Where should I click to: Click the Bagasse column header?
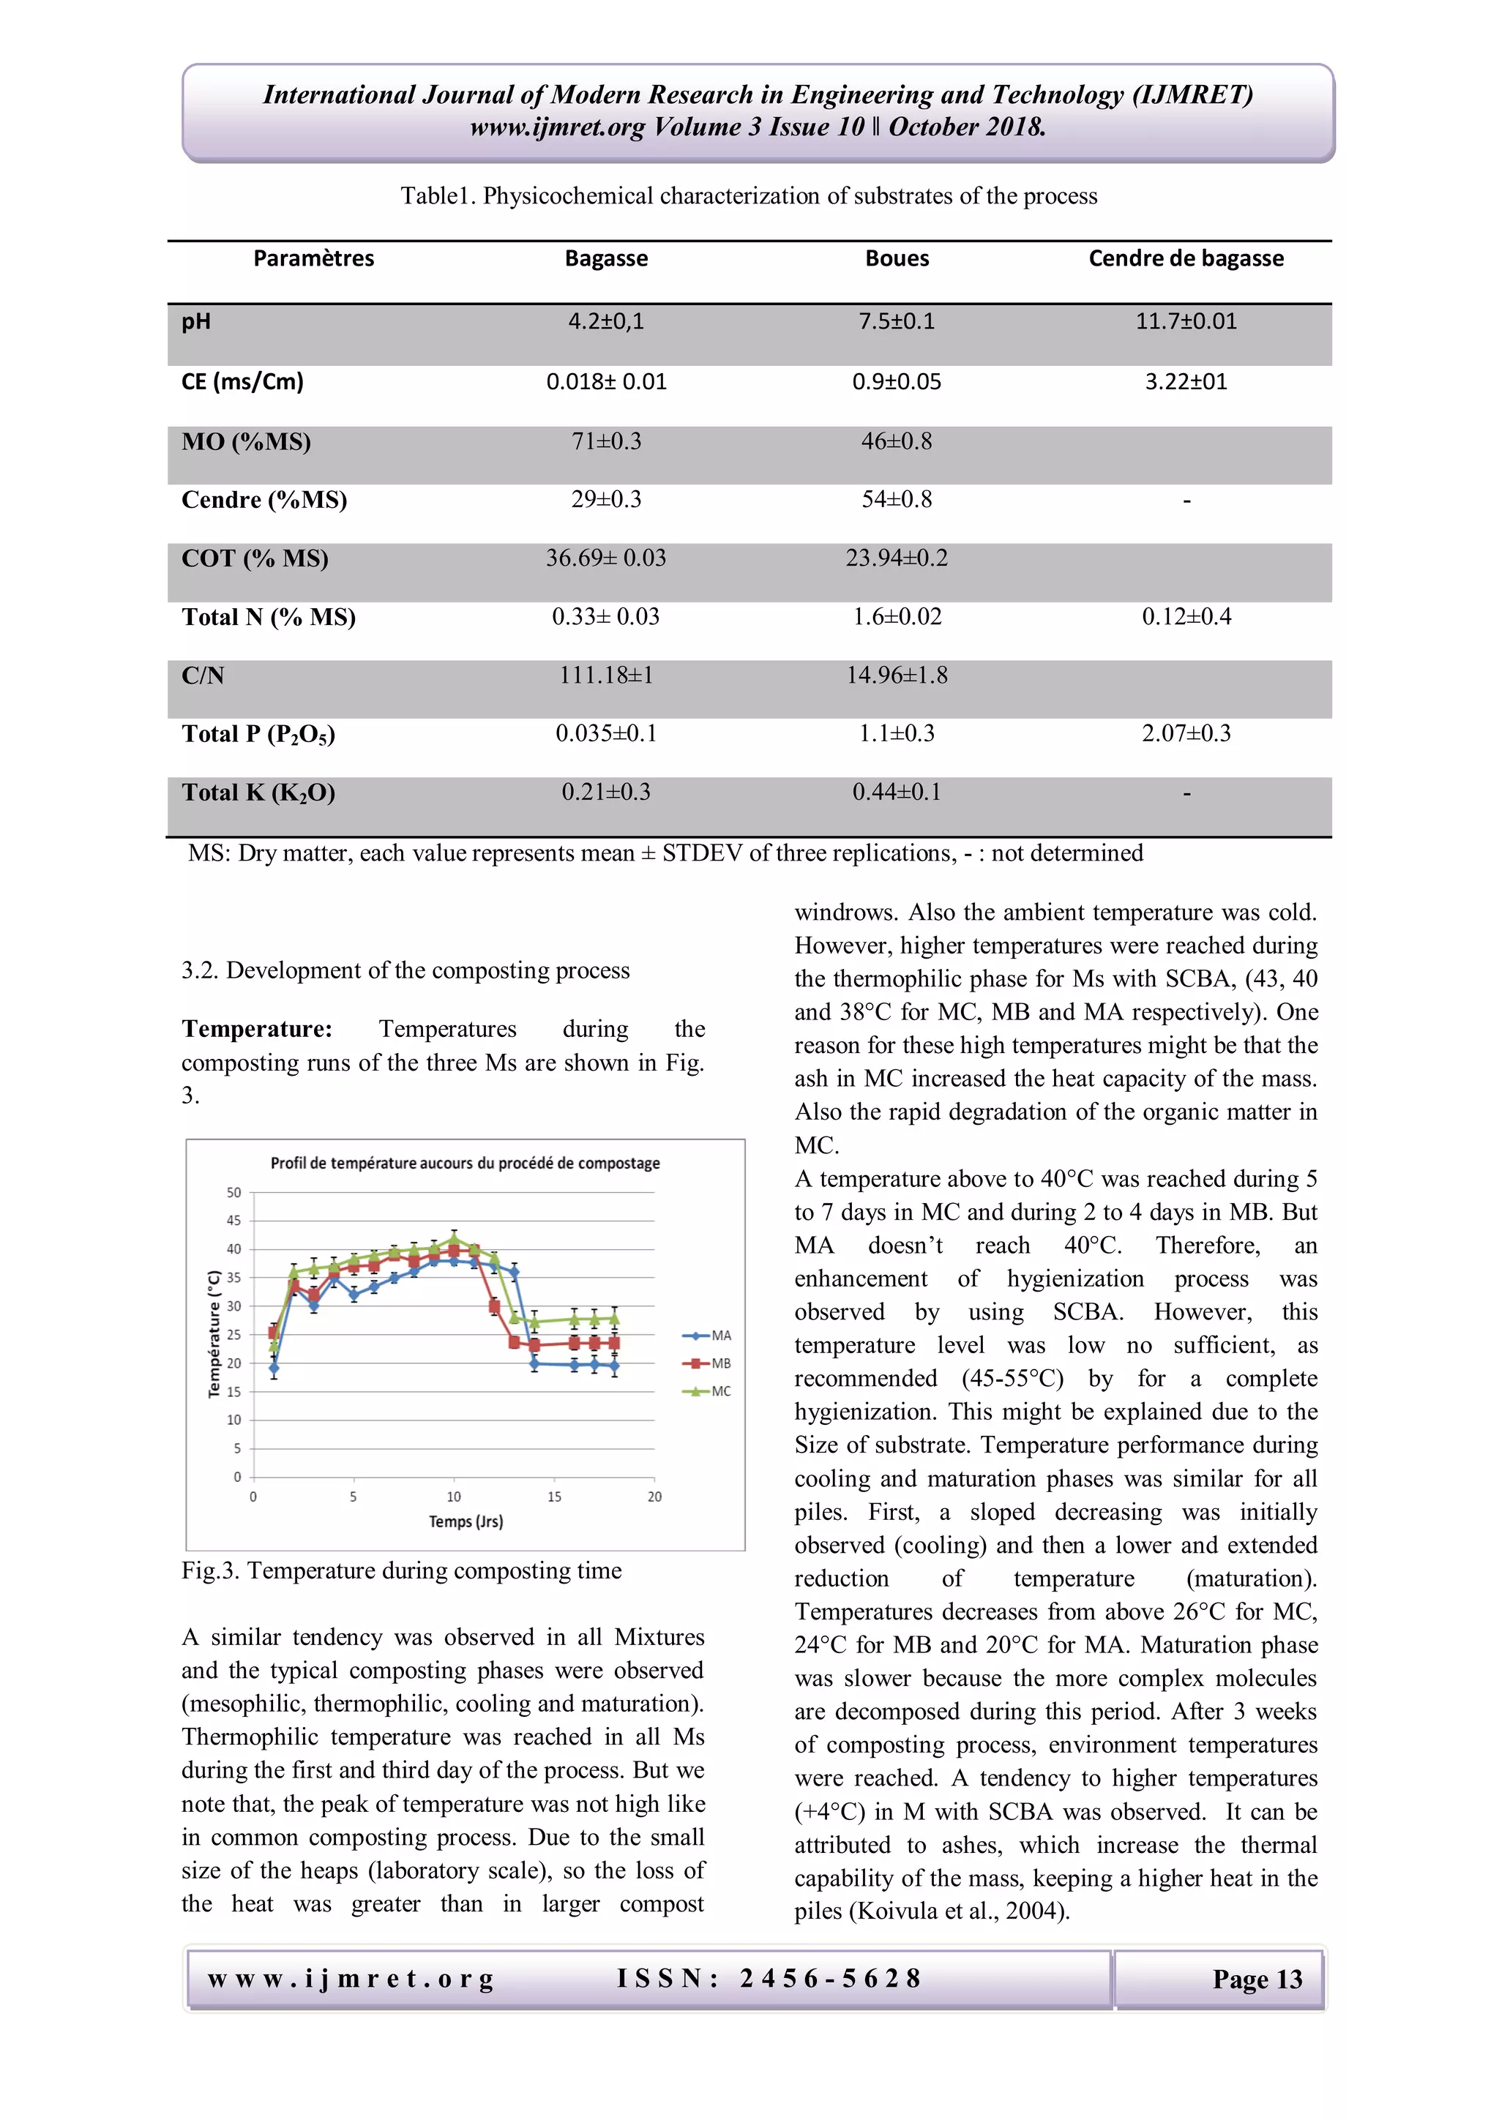[606, 258]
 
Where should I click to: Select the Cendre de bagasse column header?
[1185, 258]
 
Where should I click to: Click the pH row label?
[196, 321]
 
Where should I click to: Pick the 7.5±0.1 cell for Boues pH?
[896, 321]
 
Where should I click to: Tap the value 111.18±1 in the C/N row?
[606, 675]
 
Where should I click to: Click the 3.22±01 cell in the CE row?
[1185, 381]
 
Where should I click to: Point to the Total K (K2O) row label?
[258, 793]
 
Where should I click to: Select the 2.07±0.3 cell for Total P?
[1185, 733]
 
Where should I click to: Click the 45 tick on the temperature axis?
[233, 1221]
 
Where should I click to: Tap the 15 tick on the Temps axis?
[553, 1497]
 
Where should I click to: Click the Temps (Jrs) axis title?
[466, 1521]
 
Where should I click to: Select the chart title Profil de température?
[465, 1164]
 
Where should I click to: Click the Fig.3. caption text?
[401, 1570]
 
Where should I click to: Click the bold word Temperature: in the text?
[256, 1029]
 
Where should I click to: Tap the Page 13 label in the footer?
[1256, 1979]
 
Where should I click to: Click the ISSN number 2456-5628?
[829, 1978]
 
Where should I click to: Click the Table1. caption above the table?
[748, 195]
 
